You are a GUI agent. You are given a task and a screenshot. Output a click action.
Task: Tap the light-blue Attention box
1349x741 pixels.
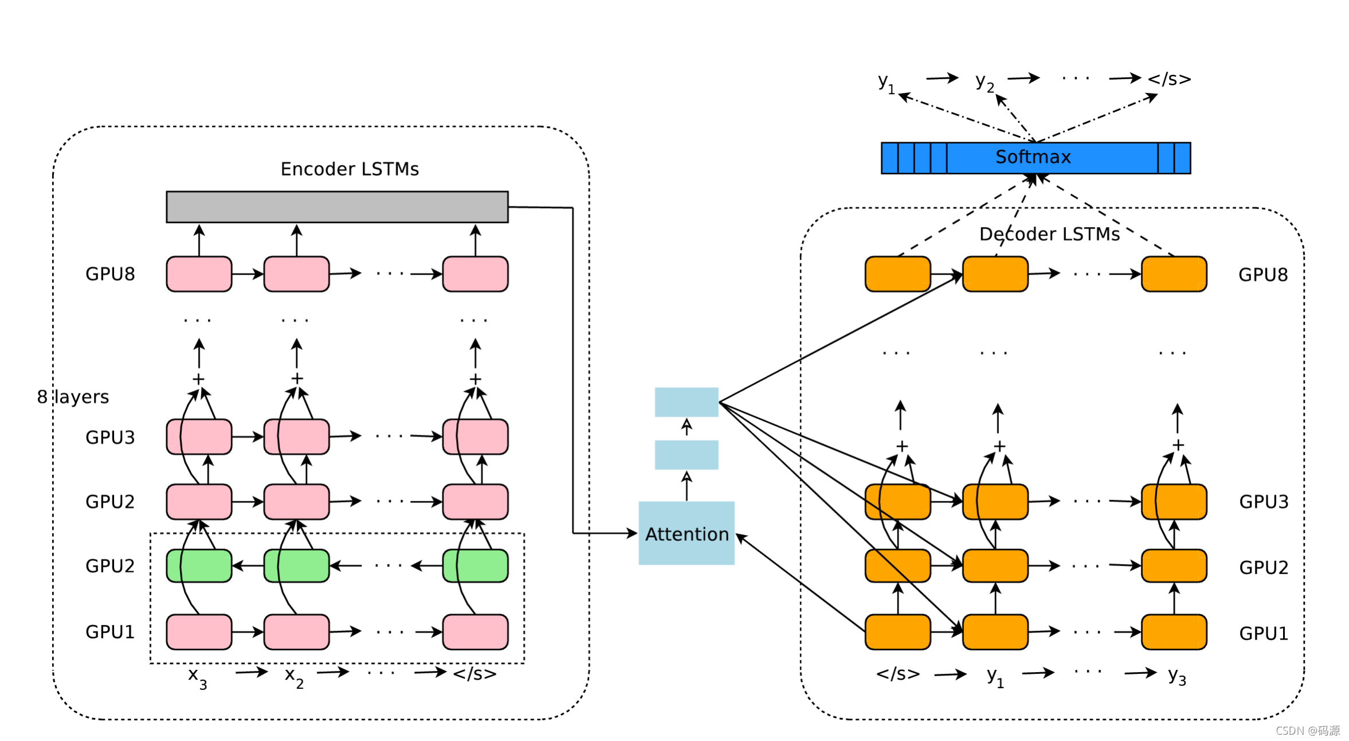[x=686, y=533]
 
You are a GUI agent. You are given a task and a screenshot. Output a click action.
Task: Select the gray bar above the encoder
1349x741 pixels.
[x=337, y=206]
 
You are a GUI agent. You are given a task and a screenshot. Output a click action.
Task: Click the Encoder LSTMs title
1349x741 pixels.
[x=350, y=169]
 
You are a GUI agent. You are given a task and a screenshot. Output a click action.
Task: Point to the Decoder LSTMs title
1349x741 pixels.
[x=1049, y=234]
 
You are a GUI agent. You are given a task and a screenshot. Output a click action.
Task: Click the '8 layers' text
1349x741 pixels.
[x=73, y=396]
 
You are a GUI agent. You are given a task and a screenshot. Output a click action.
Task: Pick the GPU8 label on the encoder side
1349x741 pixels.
[x=110, y=274]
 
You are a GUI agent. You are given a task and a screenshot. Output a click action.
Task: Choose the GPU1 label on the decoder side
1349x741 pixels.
[x=1263, y=633]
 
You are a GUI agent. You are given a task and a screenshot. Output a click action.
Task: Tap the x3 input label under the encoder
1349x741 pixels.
[x=197, y=677]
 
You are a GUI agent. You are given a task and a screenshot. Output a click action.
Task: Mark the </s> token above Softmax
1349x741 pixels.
[x=1169, y=79]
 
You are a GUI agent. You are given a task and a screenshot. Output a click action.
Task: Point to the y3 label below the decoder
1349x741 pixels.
[x=1177, y=677]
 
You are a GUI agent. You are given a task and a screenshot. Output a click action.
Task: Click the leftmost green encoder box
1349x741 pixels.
[x=199, y=565]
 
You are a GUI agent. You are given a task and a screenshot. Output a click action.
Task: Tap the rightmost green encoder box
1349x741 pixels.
[x=475, y=565]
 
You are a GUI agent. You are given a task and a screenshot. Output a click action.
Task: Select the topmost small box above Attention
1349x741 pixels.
[x=686, y=402]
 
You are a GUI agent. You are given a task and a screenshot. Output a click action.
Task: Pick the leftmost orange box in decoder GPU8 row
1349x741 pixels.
[x=897, y=274]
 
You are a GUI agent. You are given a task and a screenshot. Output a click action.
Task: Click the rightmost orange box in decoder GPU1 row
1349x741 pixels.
[x=1174, y=632]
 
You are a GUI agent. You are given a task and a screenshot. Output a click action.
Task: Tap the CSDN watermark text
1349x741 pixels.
[x=1307, y=730]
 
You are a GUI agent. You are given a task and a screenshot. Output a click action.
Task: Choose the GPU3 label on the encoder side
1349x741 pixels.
[x=110, y=437]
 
